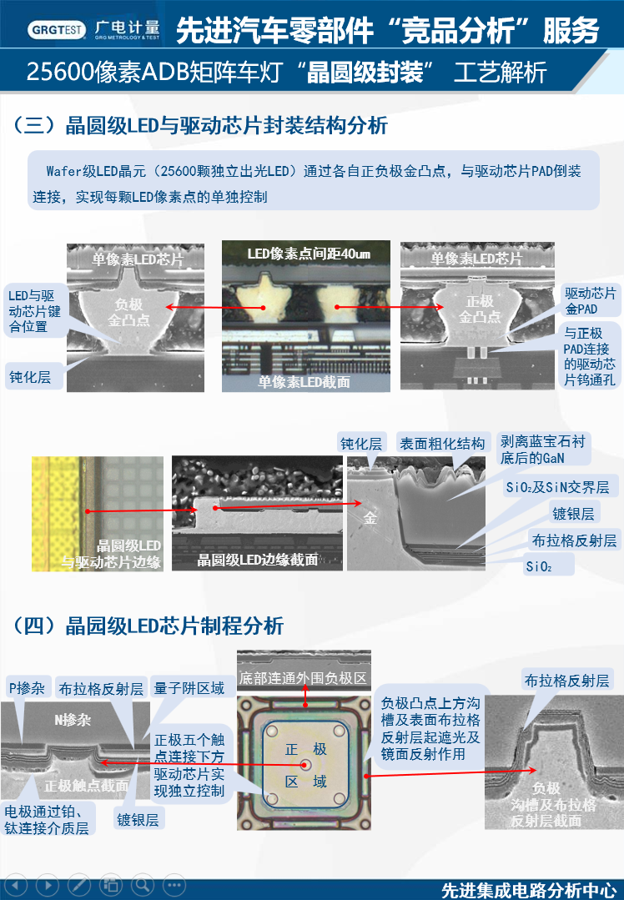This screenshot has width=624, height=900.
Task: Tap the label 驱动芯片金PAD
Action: (589, 301)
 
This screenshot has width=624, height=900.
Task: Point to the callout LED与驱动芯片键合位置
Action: (31, 311)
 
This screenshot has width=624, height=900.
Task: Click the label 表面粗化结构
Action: (441, 444)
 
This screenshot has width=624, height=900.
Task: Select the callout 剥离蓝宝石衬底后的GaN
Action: (542, 449)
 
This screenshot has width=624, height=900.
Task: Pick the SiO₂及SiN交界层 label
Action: (557, 487)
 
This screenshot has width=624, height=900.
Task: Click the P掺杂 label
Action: (26, 688)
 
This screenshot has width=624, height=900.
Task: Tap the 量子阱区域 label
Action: (189, 688)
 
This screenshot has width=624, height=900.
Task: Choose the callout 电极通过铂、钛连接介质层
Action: (47, 819)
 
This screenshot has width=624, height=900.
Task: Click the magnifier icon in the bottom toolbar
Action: (143, 885)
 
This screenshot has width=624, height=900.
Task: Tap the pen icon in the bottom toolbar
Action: (78, 885)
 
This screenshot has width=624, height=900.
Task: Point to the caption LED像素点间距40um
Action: (308, 253)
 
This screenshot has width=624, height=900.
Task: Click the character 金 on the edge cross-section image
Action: (370, 518)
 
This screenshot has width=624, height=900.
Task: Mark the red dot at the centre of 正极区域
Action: (305, 763)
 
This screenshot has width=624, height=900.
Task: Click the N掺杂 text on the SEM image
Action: (73, 720)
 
